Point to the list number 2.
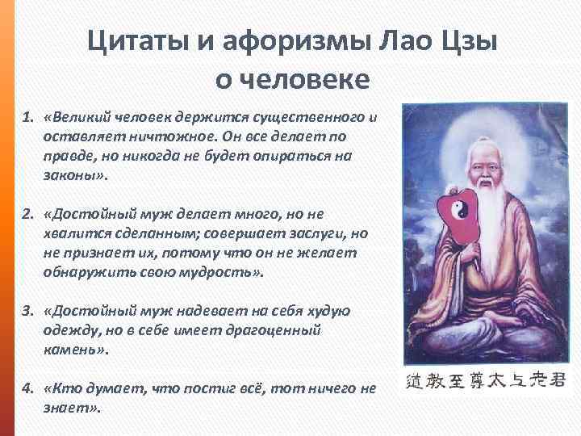pos(27,214)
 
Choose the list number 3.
pos(27,311)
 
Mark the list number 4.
pos(27,388)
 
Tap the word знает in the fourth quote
pos(66,407)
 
